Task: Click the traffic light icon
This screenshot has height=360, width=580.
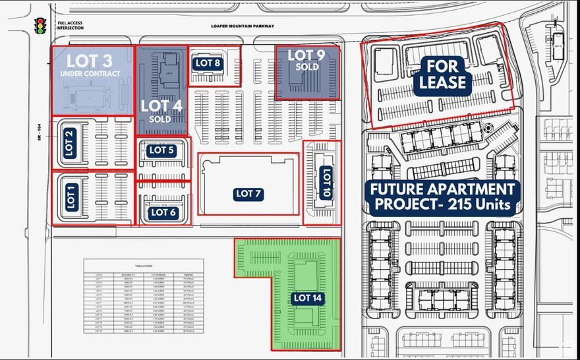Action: pyautogui.click(x=40, y=26)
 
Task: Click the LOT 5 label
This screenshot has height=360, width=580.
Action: pyautogui.click(x=161, y=150)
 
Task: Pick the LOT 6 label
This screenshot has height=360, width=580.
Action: pyautogui.click(x=163, y=212)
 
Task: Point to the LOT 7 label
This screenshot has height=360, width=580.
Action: pyautogui.click(x=248, y=194)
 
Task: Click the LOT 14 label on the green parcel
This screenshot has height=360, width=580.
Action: pyautogui.click(x=308, y=298)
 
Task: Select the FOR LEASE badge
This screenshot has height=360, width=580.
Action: pyautogui.click(x=446, y=75)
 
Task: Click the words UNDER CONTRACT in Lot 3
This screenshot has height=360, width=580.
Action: pyautogui.click(x=90, y=74)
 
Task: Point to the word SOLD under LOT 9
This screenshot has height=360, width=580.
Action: pyautogui.click(x=306, y=67)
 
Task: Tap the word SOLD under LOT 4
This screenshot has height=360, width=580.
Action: pyautogui.click(x=160, y=119)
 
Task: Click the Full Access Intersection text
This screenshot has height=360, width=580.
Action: pyautogui.click(x=71, y=26)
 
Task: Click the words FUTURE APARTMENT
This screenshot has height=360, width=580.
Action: pyautogui.click(x=442, y=189)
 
